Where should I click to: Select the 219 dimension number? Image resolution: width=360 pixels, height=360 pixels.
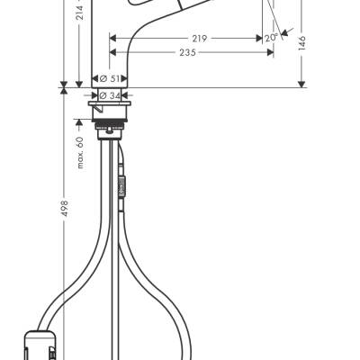pos(199,39)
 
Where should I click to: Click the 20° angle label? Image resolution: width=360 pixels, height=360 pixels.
pos(271,38)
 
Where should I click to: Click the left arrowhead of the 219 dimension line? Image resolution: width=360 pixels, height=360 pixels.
pos(112,39)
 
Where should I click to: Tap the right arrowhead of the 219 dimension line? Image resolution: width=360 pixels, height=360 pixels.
pos(260,39)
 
